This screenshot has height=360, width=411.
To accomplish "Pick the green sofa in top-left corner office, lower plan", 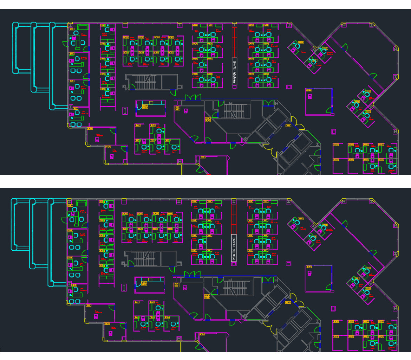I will pyautogui.click(x=82, y=204).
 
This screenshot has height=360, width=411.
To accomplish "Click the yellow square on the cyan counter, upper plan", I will pyautogui.click(x=151, y=102).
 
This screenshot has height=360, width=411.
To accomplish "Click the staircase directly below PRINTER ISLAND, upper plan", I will pyautogui.click(x=231, y=110).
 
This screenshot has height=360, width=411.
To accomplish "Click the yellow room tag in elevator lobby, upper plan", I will pyautogui.click(x=288, y=126).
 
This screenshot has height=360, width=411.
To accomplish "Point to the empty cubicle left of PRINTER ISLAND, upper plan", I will pyautogui.click(x=214, y=65).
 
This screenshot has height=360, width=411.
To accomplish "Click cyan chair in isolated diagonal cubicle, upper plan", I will pyautogui.click(x=297, y=46).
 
